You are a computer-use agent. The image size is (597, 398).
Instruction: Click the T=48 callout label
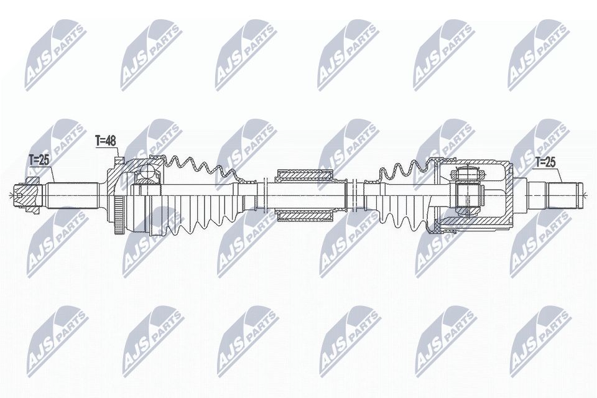(106, 141)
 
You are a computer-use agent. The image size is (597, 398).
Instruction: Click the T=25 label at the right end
(546, 163)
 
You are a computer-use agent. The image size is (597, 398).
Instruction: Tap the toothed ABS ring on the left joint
(119, 215)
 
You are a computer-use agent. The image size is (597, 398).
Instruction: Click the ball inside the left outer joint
(147, 175)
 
